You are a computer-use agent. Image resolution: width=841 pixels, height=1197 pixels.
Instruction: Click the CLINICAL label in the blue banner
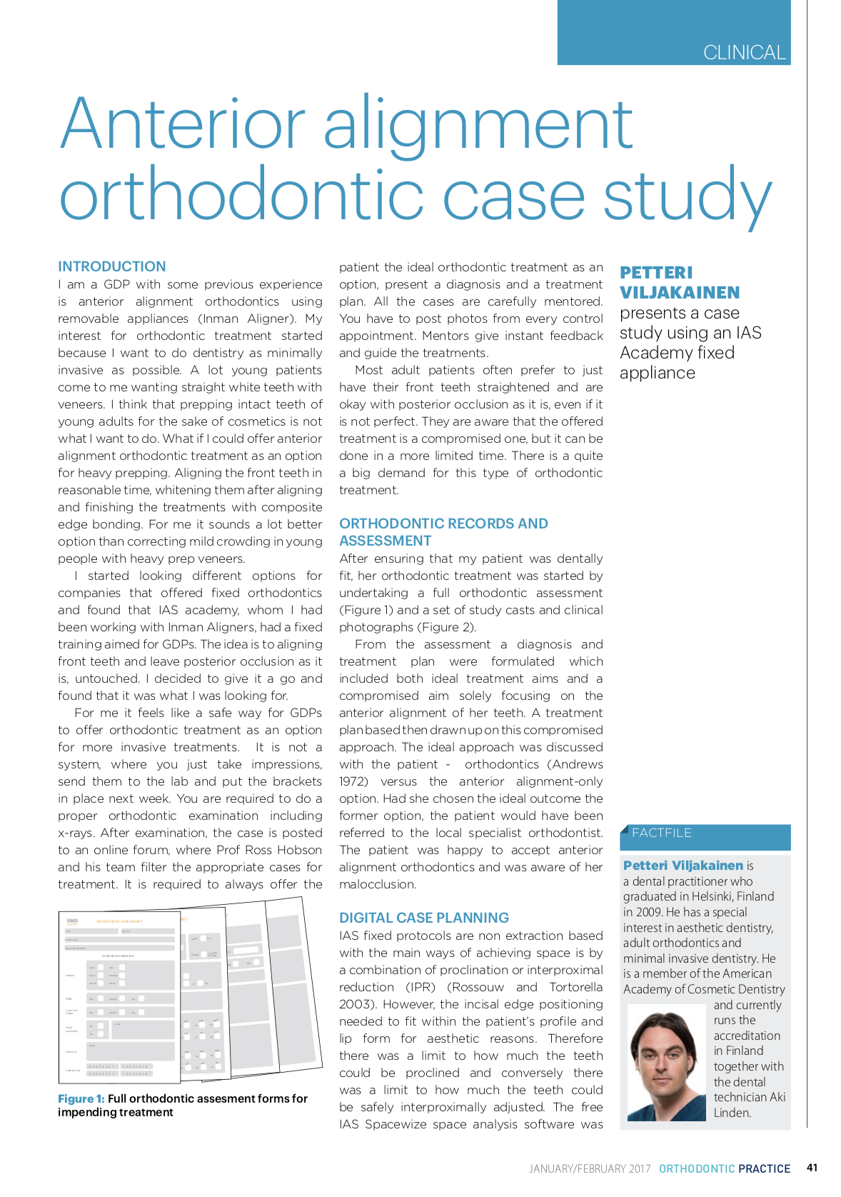(744, 53)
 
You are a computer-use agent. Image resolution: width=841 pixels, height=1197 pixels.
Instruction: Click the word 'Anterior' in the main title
(183, 124)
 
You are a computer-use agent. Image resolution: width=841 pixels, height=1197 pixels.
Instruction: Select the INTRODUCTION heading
(112, 266)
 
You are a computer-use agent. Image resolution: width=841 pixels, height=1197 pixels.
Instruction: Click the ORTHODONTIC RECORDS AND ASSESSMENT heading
(443, 532)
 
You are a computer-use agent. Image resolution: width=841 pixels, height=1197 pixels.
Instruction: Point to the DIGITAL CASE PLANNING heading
(424, 918)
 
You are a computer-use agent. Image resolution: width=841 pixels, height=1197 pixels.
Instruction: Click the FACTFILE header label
(662, 833)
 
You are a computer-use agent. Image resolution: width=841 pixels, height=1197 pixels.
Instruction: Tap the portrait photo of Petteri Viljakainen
(666, 1063)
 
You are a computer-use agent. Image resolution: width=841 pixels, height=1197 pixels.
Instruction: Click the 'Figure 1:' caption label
(81, 1098)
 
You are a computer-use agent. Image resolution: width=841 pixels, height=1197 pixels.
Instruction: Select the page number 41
(812, 1168)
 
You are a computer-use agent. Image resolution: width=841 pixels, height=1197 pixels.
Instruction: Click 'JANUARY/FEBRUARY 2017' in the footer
(590, 1168)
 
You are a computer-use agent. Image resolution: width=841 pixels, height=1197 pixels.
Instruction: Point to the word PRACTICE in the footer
(765, 1168)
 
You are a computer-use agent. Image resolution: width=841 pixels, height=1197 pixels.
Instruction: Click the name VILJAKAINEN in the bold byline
(680, 293)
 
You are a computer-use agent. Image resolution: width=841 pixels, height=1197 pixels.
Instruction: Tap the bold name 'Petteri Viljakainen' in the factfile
(683, 866)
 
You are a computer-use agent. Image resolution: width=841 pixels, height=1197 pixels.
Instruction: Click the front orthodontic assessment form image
(120, 996)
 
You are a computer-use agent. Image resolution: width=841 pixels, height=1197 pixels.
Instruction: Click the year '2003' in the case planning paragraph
(356, 1004)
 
